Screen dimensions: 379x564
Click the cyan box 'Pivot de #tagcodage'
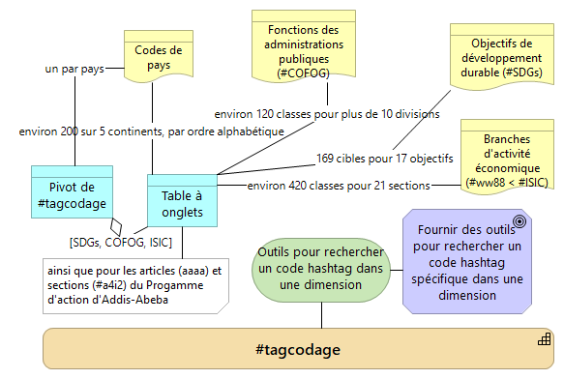[70, 194]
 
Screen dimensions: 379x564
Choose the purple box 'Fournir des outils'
[467, 261]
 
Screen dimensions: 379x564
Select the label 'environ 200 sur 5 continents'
[151, 131]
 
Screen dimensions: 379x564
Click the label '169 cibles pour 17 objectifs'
[385, 158]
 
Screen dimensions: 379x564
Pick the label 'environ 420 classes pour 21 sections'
[338, 185]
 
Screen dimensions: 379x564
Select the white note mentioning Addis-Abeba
[134, 283]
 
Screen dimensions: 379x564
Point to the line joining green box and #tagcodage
[321, 314]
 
